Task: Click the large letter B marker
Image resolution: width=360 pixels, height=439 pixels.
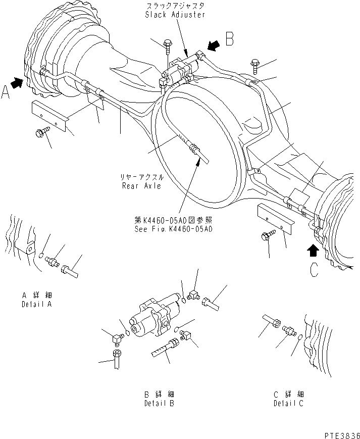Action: click(230, 39)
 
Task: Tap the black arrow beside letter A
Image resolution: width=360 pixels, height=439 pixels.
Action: click(18, 82)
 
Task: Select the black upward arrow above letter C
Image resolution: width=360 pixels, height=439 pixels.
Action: click(314, 250)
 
